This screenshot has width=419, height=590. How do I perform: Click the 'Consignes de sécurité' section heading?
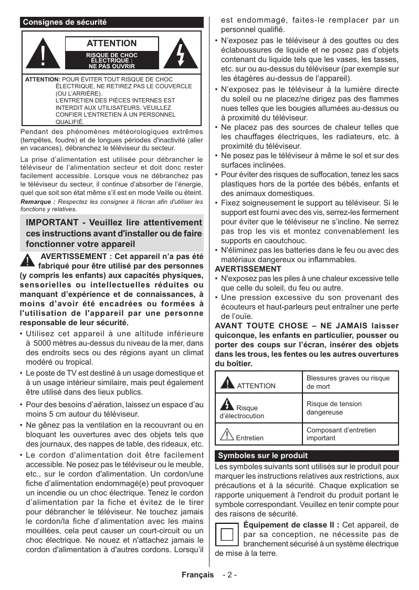click(65, 23)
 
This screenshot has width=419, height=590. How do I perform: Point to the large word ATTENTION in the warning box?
click(112, 44)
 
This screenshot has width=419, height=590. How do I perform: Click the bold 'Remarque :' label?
click(37, 202)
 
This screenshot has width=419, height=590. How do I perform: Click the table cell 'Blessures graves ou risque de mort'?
click(348, 382)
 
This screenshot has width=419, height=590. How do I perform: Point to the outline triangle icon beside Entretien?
click(227, 434)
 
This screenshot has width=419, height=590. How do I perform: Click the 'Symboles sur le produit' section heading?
click(263, 456)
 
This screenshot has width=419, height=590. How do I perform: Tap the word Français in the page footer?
click(197, 574)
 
